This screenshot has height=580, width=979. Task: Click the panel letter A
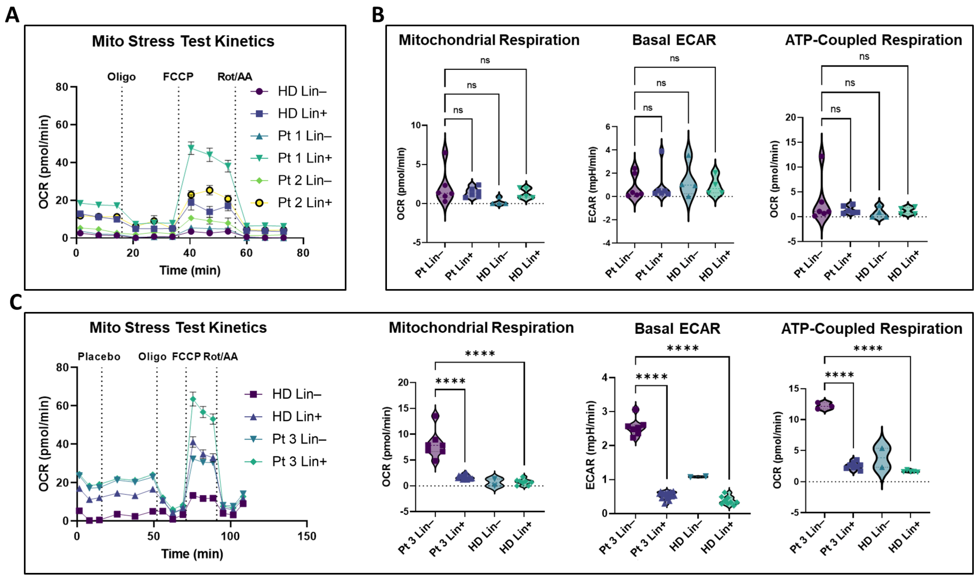tap(12, 16)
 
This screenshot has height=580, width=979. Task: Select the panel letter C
tap(16, 302)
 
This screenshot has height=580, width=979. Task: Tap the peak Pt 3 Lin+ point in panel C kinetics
tap(193, 399)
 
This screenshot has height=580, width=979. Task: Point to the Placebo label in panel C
tap(99, 356)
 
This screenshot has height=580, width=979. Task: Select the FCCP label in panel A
tap(178, 77)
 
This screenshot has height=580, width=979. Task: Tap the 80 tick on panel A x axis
tap(303, 253)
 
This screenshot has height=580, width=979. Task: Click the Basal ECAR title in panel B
tap(674, 40)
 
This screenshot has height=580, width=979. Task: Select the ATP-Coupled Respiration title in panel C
tap(872, 329)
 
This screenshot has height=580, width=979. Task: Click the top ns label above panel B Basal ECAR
tap(674, 58)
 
